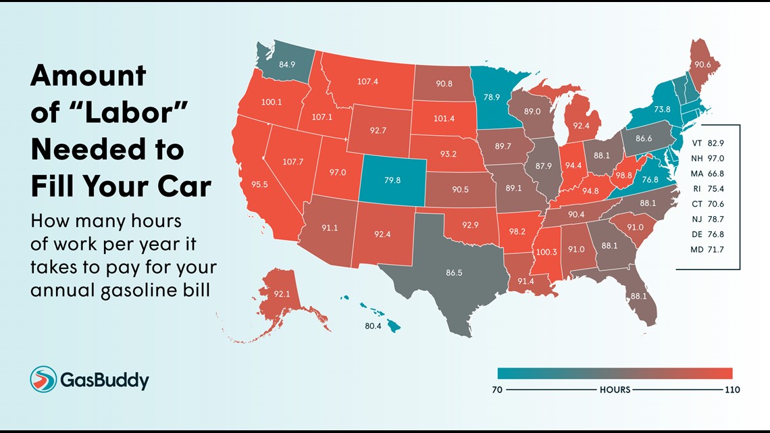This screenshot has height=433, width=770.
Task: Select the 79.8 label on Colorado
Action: point(392,180)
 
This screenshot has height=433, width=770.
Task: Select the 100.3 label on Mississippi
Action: point(546,252)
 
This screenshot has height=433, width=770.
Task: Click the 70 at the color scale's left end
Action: point(496,390)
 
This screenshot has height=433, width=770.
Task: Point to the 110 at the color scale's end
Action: point(732,390)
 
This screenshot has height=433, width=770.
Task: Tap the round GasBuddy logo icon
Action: point(43,380)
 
